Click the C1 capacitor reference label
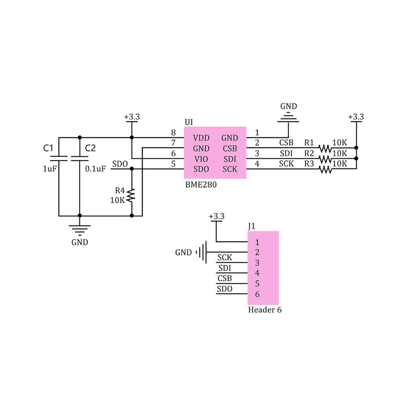(x=48, y=148)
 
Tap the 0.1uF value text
(x=95, y=169)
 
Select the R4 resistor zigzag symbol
(x=131, y=196)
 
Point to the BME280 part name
(x=201, y=185)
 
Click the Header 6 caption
(x=265, y=310)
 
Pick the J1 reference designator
(x=252, y=227)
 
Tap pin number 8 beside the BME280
(x=173, y=133)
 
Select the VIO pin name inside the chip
(x=201, y=159)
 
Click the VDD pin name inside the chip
(x=201, y=138)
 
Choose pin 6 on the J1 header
(x=257, y=294)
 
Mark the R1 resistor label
(x=309, y=143)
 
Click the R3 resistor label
(x=309, y=164)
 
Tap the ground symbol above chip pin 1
(x=288, y=117)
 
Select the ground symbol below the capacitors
(x=80, y=230)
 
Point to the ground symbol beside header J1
(x=201, y=252)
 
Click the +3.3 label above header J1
(x=217, y=216)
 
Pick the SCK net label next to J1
(x=224, y=257)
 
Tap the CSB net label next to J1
(x=224, y=278)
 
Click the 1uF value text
(x=50, y=169)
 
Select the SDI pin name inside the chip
(x=230, y=159)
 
